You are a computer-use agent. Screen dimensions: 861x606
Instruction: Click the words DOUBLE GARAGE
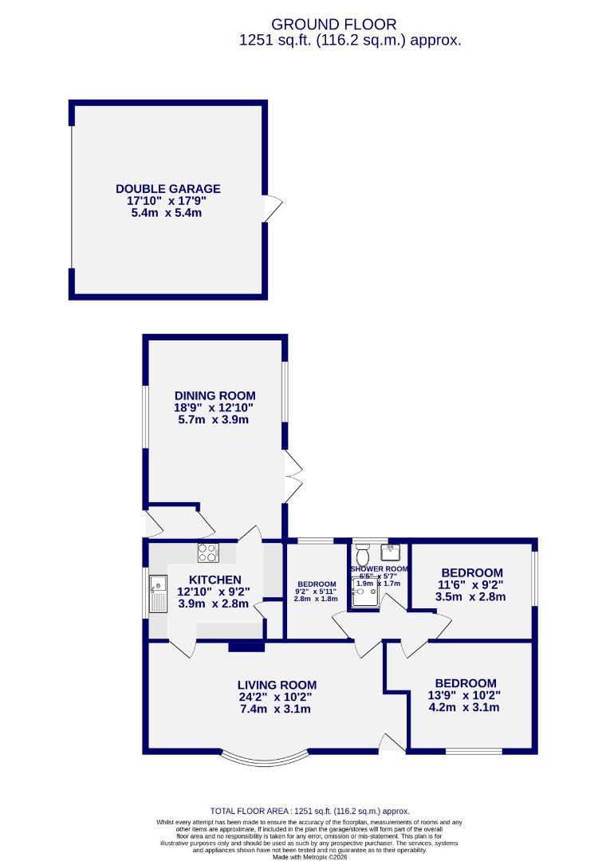(x=167, y=189)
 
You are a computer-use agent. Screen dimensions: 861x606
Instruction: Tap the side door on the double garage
(x=273, y=209)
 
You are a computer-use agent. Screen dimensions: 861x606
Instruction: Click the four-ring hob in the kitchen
(x=208, y=552)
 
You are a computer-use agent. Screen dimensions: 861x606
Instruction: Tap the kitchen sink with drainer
(x=156, y=594)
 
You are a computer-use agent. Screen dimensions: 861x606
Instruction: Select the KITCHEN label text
(x=214, y=580)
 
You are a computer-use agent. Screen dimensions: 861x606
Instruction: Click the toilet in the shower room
(x=363, y=553)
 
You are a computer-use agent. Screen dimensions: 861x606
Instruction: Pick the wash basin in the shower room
(x=391, y=551)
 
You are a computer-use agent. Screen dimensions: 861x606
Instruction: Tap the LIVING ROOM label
(x=277, y=685)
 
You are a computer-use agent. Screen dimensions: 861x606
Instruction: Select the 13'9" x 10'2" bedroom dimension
(x=465, y=695)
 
